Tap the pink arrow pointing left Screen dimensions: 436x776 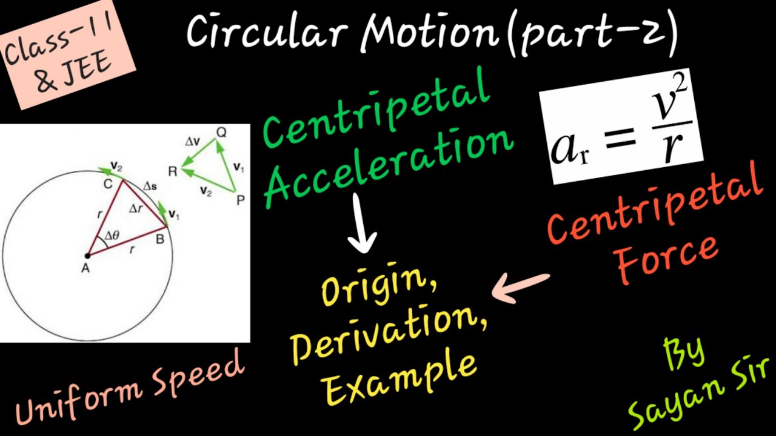(522, 288)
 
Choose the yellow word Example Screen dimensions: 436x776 (400, 378)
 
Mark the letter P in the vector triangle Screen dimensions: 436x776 (240, 200)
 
